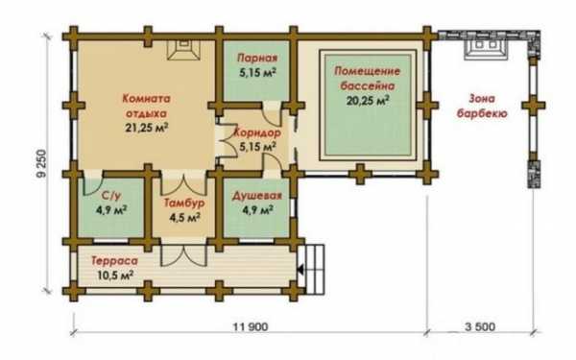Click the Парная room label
pos(257,58)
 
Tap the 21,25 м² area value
pos(147,129)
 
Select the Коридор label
pos(257,132)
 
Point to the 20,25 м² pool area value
pos(368,100)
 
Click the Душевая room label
pos(256,196)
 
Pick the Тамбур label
pos(184,203)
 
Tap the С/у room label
pos(111,196)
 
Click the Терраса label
pos(114,261)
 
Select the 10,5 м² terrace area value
pos(115,276)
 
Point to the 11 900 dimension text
pos(251,326)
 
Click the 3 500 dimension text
pos(480,326)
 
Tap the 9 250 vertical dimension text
pos(42,163)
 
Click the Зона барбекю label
pos(482,106)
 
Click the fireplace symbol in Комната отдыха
pos(184,50)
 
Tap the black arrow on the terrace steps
pos(300,271)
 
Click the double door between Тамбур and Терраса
pos(184,255)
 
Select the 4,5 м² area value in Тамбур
pos(184,218)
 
